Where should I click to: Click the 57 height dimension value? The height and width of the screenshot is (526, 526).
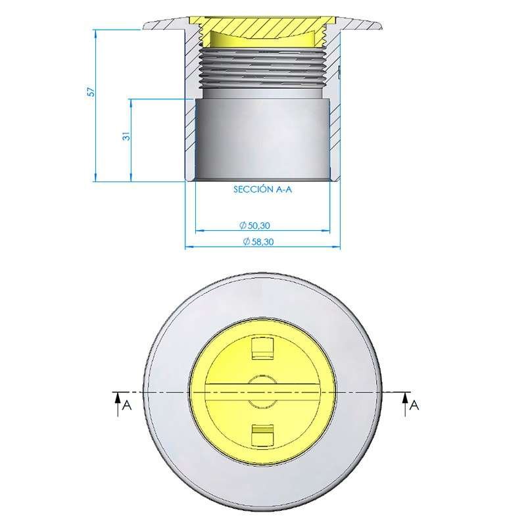click(x=91, y=91)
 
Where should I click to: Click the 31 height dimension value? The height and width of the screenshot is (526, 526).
click(x=126, y=136)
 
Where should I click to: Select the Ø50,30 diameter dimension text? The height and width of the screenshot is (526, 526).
click(x=254, y=226)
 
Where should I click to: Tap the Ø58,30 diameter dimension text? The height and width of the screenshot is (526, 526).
click(x=258, y=241)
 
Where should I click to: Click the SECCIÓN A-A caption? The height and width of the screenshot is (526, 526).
click(x=262, y=189)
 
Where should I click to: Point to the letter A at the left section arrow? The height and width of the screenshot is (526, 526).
click(x=127, y=406)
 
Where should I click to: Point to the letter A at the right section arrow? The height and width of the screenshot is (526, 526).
click(x=415, y=406)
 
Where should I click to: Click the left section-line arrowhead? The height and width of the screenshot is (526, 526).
click(x=118, y=398)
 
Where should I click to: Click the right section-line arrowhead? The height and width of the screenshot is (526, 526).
click(x=405, y=398)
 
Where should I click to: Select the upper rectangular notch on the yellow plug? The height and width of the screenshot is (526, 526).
click(x=262, y=348)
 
